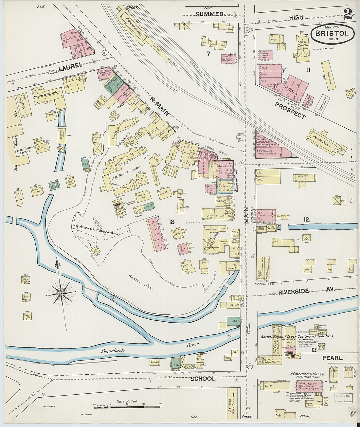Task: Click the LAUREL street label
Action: click(70, 67)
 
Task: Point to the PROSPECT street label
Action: click(290, 111)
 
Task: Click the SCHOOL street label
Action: click(203, 379)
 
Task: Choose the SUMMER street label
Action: click(210, 14)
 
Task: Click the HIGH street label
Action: click(296, 17)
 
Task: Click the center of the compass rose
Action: click(61, 294)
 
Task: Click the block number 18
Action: click(171, 222)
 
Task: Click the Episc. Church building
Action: click(303, 48)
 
